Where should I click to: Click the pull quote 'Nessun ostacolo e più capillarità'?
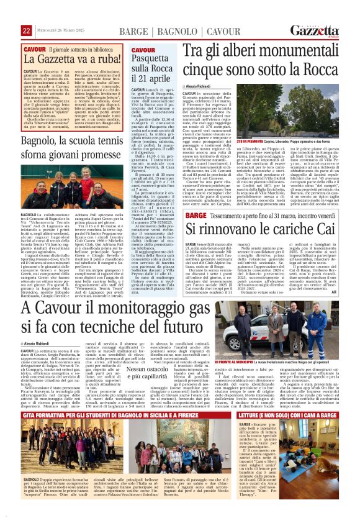[149, 372]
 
